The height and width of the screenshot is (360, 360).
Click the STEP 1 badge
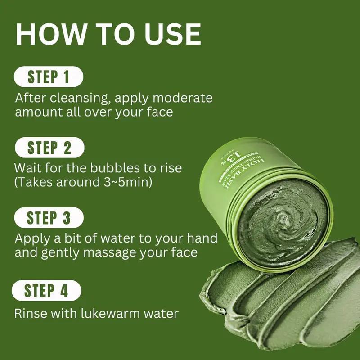coord(49,77)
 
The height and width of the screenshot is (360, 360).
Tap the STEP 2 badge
coord(49,148)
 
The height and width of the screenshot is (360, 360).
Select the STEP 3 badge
coord(49,218)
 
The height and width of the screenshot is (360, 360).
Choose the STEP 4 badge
coord(46,290)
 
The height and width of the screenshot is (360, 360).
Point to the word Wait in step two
coord(28,168)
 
